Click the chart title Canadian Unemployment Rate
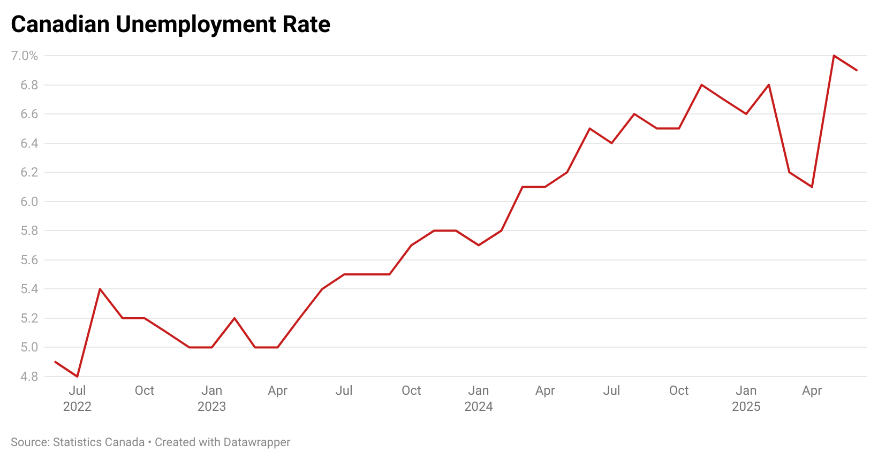click(x=170, y=25)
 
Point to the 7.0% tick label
click(x=25, y=56)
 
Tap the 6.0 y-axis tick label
click(x=29, y=202)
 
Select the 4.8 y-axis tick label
click(x=29, y=377)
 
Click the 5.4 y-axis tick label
click(x=29, y=289)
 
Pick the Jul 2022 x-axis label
click(x=77, y=398)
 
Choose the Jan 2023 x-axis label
click(x=211, y=398)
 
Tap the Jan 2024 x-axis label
click(x=478, y=398)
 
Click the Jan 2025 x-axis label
click(x=746, y=398)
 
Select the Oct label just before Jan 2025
click(x=679, y=390)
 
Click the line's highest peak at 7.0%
click(x=834, y=56)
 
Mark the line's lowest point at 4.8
click(x=78, y=377)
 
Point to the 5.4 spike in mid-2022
click(x=100, y=289)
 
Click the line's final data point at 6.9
click(x=857, y=70)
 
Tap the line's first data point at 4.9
click(x=55, y=362)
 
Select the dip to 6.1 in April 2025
click(x=812, y=187)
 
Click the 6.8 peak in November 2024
click(x=701, y=85)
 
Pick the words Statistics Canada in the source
click(x=99, y=442)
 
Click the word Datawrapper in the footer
click(x=257, y=442)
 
